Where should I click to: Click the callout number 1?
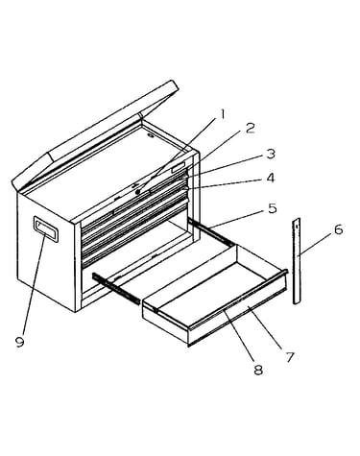(x=221, y=114)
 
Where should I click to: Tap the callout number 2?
(x=249, y=128)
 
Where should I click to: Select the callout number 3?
(x=271, y=154)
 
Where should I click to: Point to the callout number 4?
(x=271, y=178)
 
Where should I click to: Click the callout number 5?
(x=272, y=208)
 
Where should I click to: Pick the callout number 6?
(x=339, y=229)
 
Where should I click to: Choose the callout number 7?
(x=290, y=357)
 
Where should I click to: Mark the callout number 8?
(x=258, y=370)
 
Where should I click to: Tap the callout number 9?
(x=20, y=342)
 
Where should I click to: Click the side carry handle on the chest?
(x=46, y=229)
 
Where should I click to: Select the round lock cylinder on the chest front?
(x=138, y=192)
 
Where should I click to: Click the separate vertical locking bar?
(x=298, y=261)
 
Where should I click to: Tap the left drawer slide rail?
(x=116, y=288)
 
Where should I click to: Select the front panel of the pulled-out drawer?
(x=238, y=312)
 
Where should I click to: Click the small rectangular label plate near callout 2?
(x=179, y=167)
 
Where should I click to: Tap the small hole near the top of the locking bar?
(x=297, y=226)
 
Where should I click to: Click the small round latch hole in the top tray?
(x=151, y=136)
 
